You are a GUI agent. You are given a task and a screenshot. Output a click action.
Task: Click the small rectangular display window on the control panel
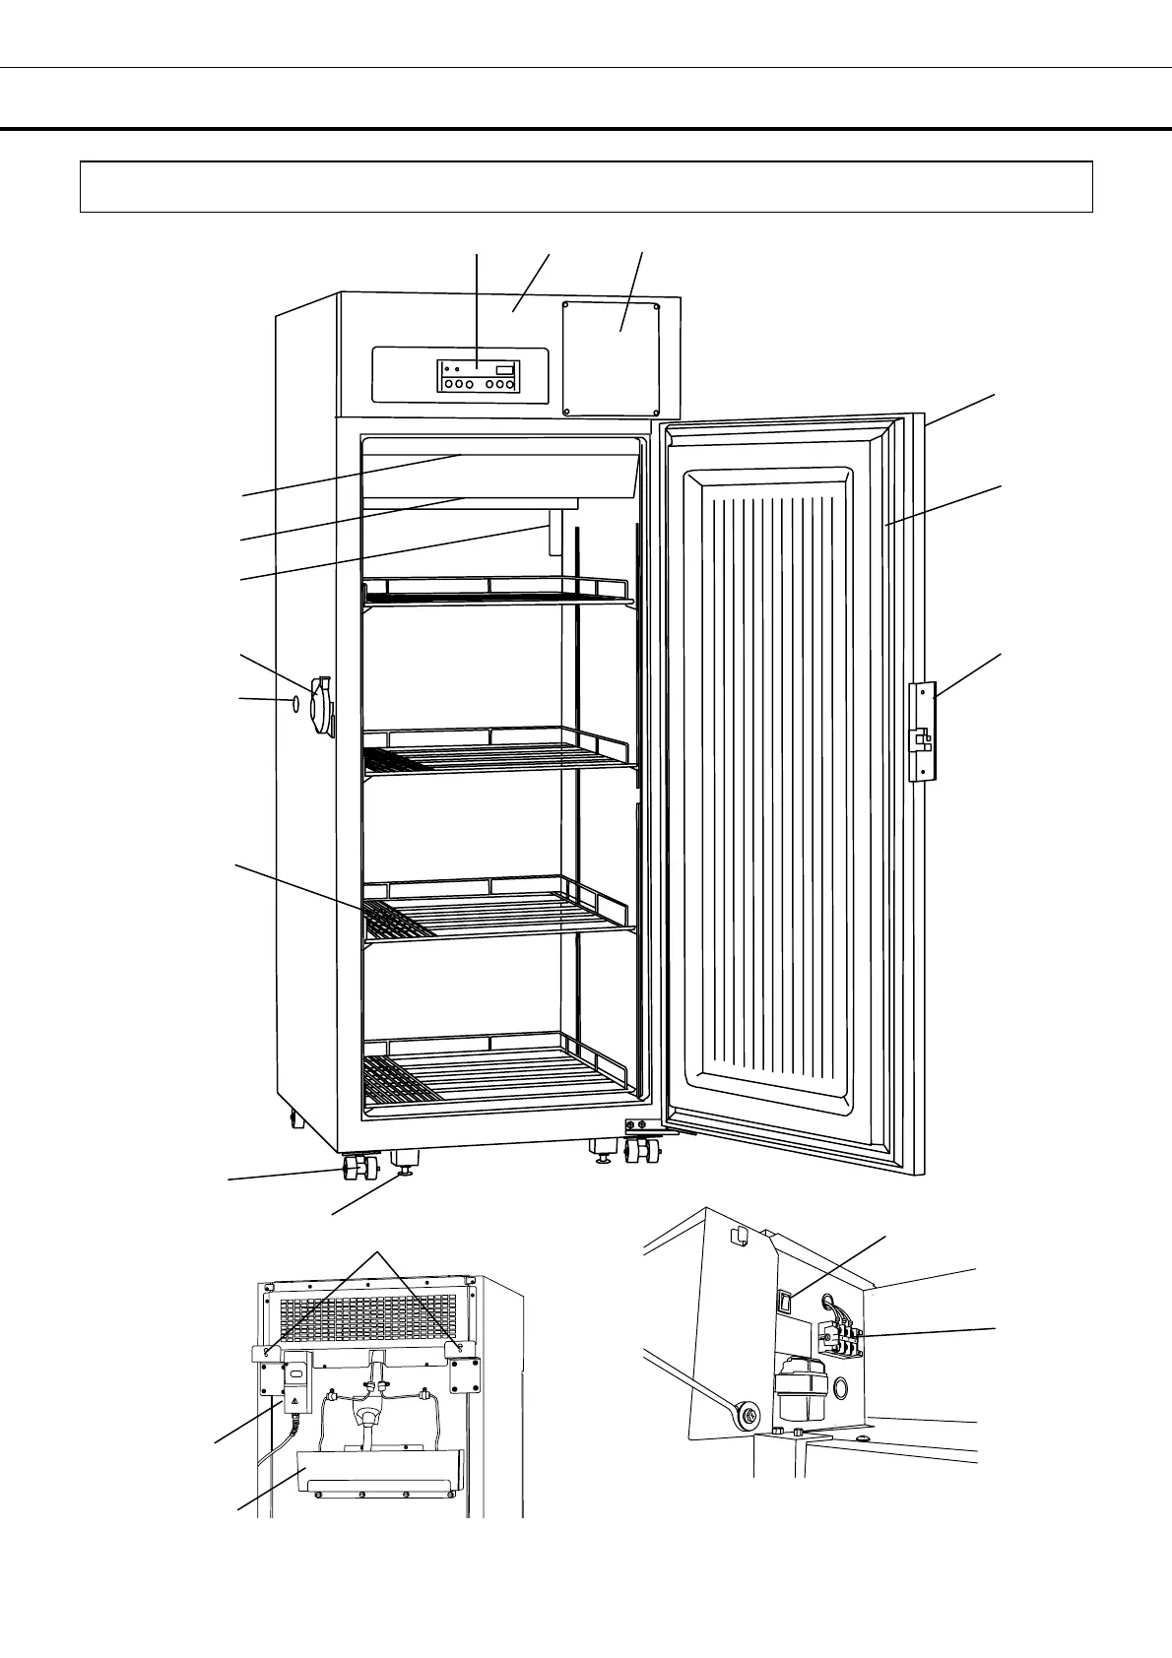tap(504, 369)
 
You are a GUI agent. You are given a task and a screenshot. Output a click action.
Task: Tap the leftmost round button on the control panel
tap(447, 385)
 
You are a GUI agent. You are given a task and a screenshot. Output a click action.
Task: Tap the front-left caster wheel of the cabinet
tap(357, 1170)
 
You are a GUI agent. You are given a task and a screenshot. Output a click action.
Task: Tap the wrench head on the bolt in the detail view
tap(745, 1416)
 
